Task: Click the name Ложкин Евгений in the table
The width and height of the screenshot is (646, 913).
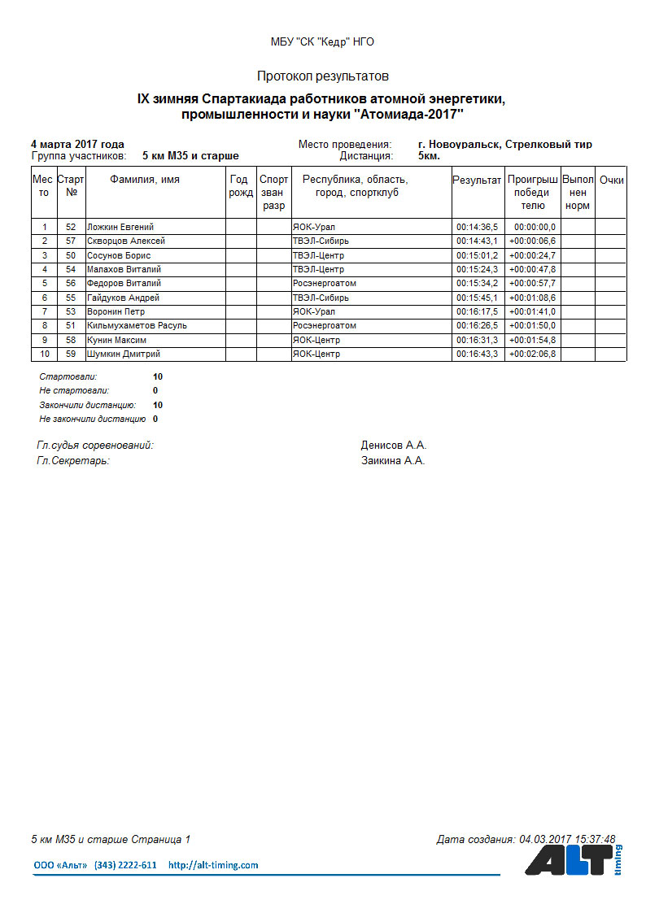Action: click(120, 227)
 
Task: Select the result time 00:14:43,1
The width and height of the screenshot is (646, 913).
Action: click(477, 241)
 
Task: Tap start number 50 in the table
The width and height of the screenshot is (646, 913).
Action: click(71, 255)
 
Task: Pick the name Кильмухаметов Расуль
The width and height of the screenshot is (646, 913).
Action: click(137, 325)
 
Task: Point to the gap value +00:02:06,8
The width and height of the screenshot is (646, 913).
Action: click(532, 354)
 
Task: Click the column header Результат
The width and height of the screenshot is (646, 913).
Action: click(477, 180)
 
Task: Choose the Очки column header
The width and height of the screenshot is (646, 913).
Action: click(611, 180)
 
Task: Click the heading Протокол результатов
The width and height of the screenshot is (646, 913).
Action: click(322, 76)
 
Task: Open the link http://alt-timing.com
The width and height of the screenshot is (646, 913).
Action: click(213, 865)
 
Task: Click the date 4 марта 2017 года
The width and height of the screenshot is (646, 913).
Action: click(77, 144)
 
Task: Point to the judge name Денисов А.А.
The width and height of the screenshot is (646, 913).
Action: click(394, 446)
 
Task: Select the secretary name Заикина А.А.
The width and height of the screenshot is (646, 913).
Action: click(393, 461)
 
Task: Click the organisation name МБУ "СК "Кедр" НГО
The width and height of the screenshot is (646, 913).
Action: click(322, 42)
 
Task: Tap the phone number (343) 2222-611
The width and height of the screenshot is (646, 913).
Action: click(125, 865)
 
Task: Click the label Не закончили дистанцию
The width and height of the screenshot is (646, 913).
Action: click(92, 420)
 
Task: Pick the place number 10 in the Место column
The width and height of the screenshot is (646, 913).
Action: click(44, 354)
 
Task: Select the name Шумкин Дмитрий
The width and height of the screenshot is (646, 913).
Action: click(123, 354)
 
